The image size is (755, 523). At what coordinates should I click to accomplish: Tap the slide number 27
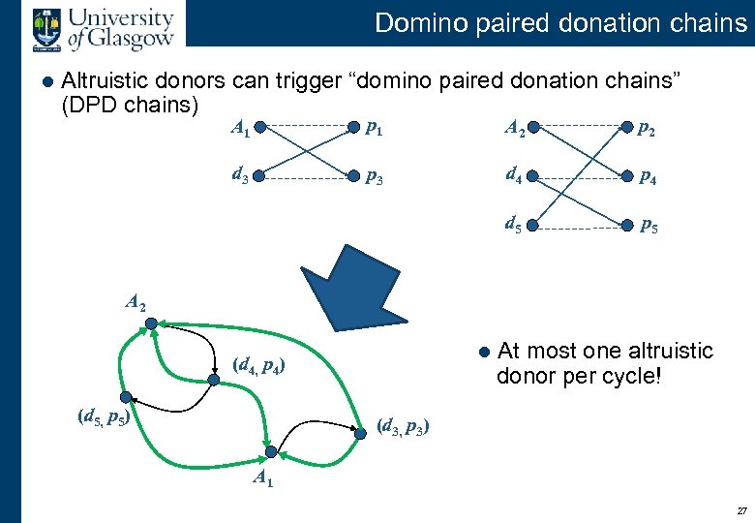coord(741,510)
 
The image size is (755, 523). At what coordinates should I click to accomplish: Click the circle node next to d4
coord(534,176)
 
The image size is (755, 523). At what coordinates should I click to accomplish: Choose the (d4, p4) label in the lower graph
coord(258,366)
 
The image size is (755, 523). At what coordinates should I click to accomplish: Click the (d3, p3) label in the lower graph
coord(405,425)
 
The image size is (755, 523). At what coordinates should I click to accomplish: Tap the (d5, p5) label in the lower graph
coord(104,417)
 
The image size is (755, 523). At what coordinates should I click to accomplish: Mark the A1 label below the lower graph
coord(263,477)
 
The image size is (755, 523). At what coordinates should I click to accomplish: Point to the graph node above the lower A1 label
coord(272,452)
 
